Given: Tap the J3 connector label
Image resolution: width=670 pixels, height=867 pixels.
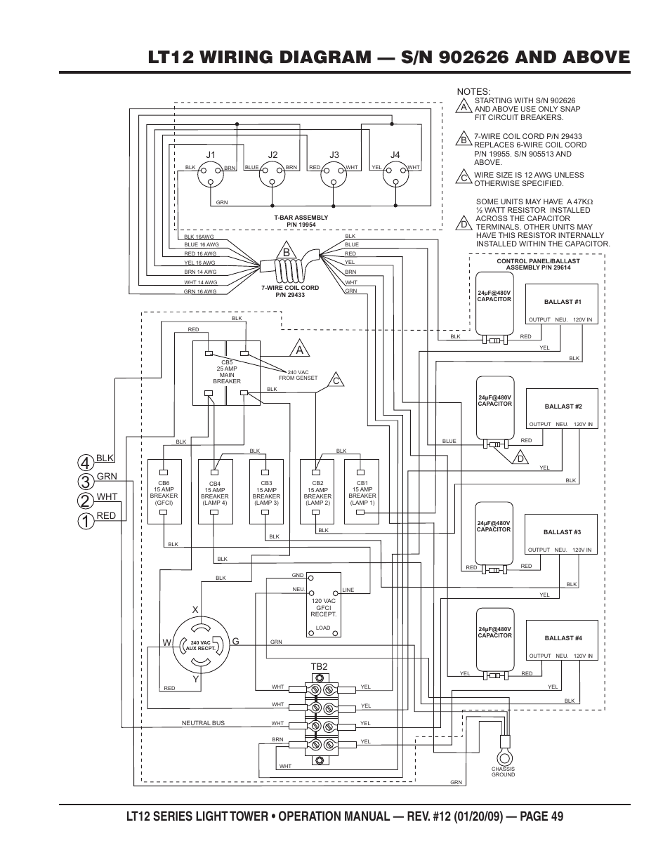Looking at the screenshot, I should pos(334,155).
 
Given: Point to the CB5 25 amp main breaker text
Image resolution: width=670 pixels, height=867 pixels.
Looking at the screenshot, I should pos(226,372).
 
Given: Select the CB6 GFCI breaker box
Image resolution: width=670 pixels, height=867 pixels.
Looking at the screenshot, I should pos(164,491).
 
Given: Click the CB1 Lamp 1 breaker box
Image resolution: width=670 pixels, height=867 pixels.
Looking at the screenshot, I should pos(362,491).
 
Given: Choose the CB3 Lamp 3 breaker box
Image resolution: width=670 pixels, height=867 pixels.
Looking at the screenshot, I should pos(266,491).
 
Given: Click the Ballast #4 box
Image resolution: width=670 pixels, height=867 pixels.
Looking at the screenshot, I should pos(563,640).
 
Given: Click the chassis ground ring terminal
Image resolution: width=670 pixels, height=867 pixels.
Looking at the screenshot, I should pos(503,756).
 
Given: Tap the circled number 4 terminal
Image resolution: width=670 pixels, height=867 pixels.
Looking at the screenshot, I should pos(84,463).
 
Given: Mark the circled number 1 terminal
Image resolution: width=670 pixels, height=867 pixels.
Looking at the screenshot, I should pos(84,522).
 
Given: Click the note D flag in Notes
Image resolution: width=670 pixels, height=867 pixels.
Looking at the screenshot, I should pos(464,224).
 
